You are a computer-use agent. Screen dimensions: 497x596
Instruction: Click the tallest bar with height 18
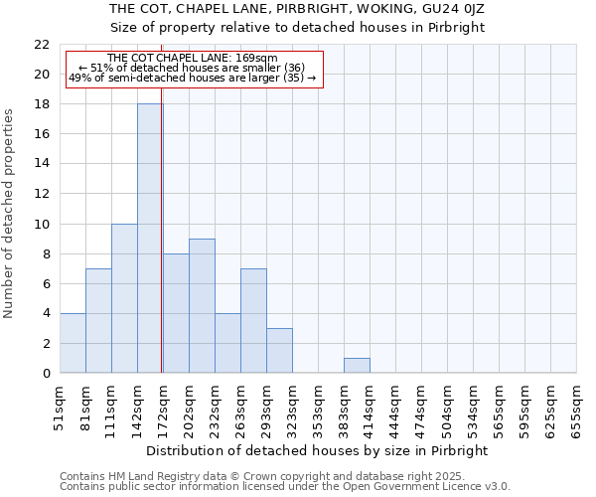[150, 239]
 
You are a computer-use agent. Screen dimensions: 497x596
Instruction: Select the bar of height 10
[124, 298]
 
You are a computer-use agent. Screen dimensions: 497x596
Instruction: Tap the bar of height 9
[202, 306]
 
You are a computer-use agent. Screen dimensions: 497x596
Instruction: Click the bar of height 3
[279, 351]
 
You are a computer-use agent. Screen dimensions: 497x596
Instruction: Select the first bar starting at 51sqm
[73, 343]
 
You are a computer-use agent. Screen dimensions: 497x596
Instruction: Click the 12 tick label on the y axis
[42, 194]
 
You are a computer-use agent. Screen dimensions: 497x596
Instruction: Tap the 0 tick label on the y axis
[46, 374]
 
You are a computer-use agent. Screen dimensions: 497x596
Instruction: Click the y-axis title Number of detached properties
[10, 213]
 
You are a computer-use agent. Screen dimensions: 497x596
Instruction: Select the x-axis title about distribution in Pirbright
[317, 450]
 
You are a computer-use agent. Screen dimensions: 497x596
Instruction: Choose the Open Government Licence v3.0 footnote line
[285, 487]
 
